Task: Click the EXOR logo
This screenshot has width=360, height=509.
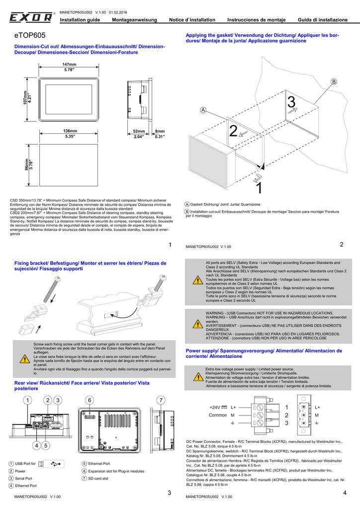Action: [31, 18]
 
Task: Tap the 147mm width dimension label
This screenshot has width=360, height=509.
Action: [69, 65]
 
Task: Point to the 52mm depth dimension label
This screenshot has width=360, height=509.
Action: [139, 131]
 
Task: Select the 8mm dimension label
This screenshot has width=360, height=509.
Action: [160, 131]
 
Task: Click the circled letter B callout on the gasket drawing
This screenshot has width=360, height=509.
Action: [334, 82]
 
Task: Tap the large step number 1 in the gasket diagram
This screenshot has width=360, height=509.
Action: [258, 188]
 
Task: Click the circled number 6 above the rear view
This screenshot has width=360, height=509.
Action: [90, 400]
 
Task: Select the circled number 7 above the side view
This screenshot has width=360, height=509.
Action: [161, 400]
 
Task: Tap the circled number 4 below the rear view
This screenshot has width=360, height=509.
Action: [36, 445]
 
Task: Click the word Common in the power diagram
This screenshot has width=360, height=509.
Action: [218, 415]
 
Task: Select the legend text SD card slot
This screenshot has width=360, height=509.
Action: [98, 478]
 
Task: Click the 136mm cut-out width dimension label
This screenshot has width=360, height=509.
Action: [70, 131]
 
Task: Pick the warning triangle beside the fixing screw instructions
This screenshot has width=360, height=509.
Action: [24, 358]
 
